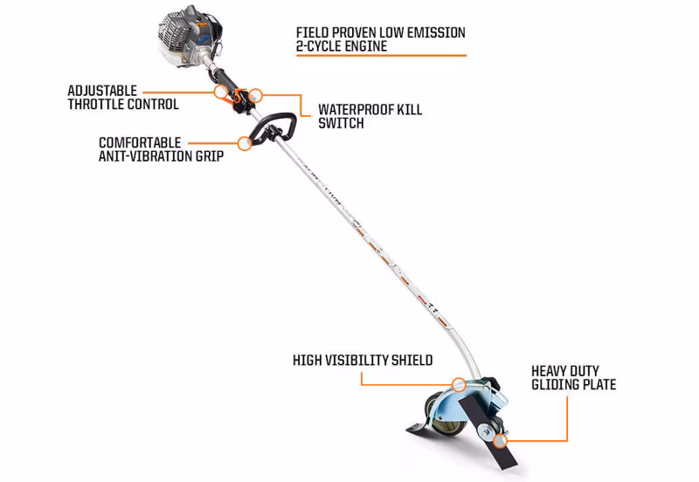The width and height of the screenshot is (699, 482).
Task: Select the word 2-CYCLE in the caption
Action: (320, 46)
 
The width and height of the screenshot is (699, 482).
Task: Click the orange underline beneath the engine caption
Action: (381, 56)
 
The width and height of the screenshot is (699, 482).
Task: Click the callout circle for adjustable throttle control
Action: (221, 92)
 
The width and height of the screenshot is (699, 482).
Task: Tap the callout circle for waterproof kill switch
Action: (255, 95)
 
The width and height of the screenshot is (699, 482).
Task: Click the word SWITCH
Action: (341, 123)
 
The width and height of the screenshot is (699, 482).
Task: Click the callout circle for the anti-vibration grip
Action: (245, 143)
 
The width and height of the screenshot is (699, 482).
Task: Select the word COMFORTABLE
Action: (140, 142)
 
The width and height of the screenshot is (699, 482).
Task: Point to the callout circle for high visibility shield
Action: (459, 384)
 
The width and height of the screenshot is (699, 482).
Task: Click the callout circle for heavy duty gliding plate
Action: (500, 441)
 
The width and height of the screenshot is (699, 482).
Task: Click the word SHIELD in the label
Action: (412, 360)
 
